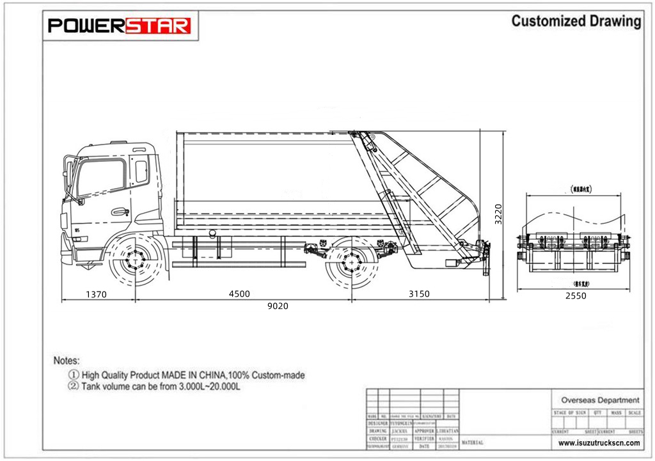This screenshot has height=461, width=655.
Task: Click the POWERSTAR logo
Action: pos(120,26)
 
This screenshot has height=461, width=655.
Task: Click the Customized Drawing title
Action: pos(576,21)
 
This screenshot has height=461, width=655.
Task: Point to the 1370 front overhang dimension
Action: pos(95,295)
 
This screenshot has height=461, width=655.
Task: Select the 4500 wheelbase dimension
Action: pos(239,294)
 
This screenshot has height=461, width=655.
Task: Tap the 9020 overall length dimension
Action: pos(278,306)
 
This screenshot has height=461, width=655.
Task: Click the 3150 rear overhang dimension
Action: pos(419,294)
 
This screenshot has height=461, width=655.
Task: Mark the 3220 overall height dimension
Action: pos(499,214)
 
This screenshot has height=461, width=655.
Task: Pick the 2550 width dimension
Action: pos(575,295)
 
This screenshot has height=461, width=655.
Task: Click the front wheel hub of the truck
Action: pos(135,261)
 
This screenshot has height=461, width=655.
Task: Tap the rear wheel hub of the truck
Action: pos(351,262)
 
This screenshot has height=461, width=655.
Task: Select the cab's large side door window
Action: pos(100,177)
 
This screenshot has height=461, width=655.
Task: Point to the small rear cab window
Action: pos(141,171)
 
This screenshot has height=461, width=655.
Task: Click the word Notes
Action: pos(67,361)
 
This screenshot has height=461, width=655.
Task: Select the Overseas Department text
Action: pos(599,400)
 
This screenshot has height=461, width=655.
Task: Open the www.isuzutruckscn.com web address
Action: pos(599,442)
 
